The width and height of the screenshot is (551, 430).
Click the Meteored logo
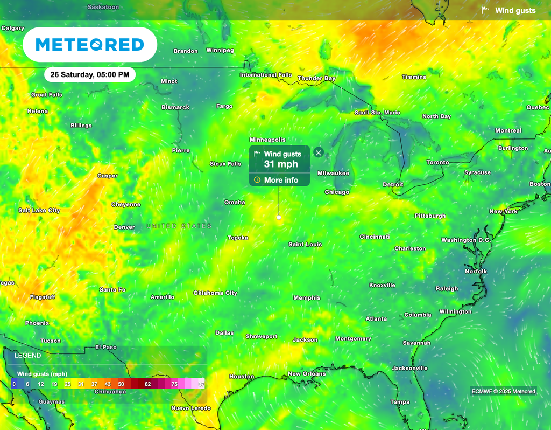(x=90, y=45)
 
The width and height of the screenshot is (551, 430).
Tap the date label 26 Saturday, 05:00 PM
(x=90, y=75)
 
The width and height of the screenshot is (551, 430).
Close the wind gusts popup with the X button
(x=318, y=153)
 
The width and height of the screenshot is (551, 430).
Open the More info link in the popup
(x=280, y=180)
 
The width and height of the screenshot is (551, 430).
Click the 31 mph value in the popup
(x=280, y=164)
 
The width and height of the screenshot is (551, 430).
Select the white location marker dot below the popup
(x=279, y=217)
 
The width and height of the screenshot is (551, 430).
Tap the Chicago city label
(x=337, y=192)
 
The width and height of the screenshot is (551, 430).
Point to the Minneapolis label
(x=267, y=140)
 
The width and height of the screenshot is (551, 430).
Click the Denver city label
(x=124, y=227)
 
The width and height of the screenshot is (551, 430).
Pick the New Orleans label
(x=307, y=374)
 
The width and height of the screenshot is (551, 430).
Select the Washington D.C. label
(x=466, y=240)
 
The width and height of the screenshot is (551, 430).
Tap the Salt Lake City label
(x=39, y=211)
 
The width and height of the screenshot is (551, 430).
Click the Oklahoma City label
(x=215, y=293)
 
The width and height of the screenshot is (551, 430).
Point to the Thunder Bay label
(x=316, y=79)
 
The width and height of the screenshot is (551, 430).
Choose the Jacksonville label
(x=409, y=369)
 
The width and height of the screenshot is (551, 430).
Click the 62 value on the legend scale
(x=147, y=384)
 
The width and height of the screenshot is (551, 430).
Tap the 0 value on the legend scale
(x=14, y=384)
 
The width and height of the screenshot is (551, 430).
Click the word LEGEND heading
(x=27, y=356)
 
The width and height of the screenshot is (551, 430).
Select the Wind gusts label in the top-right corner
(x=515, y=10)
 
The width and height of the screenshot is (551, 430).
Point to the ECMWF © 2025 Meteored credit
(x=503, y=391)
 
